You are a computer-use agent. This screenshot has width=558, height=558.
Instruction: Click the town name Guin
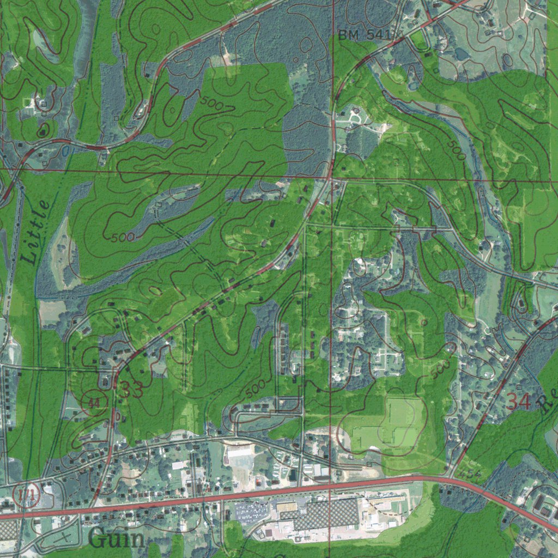pyautogui.click(x=117, y=539)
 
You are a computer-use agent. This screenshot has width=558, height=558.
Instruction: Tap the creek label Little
pyautogui.click(x=37, y=232)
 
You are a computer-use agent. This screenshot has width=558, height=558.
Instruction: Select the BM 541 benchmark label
pyautogui.click(x=364, y=35)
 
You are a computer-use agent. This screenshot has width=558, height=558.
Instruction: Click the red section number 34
pyautogui.click(x=518, y=402)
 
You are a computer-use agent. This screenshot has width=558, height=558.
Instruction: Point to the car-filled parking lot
pyautogui.click(x=251, y=512)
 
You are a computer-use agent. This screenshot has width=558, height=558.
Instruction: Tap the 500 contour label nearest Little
pyautogui.click(x=122, y=238)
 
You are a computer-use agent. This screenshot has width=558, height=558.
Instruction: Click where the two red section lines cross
pyautogui.click(x=331, y=178)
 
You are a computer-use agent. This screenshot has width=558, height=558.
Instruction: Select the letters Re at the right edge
pyautogui.click(x=547, y=402)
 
